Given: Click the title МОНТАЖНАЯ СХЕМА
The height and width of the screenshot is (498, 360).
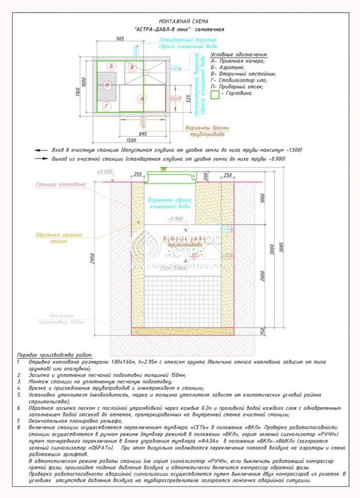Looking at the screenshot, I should point(180,21).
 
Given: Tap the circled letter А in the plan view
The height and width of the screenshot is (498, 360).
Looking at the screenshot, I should point(142,99).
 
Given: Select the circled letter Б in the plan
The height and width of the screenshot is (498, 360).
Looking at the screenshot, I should point(112,66).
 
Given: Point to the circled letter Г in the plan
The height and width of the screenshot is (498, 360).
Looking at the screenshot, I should point(107,106).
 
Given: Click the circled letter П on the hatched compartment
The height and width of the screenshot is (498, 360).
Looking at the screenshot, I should point(107,85).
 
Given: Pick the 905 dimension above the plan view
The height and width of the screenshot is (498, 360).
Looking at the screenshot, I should point(120,39).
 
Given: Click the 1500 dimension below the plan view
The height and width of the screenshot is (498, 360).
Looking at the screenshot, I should point(132,140).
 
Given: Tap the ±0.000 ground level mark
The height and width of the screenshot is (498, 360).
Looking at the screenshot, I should point(105,171).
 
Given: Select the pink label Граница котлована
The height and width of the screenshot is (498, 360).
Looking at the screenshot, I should point(60,184).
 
